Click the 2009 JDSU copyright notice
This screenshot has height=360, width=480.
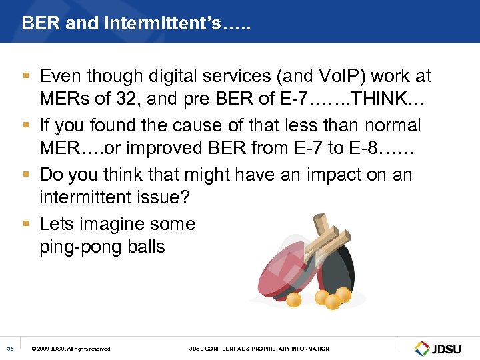click(72, 349)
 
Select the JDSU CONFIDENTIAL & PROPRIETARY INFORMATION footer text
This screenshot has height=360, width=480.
click(259, 349)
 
